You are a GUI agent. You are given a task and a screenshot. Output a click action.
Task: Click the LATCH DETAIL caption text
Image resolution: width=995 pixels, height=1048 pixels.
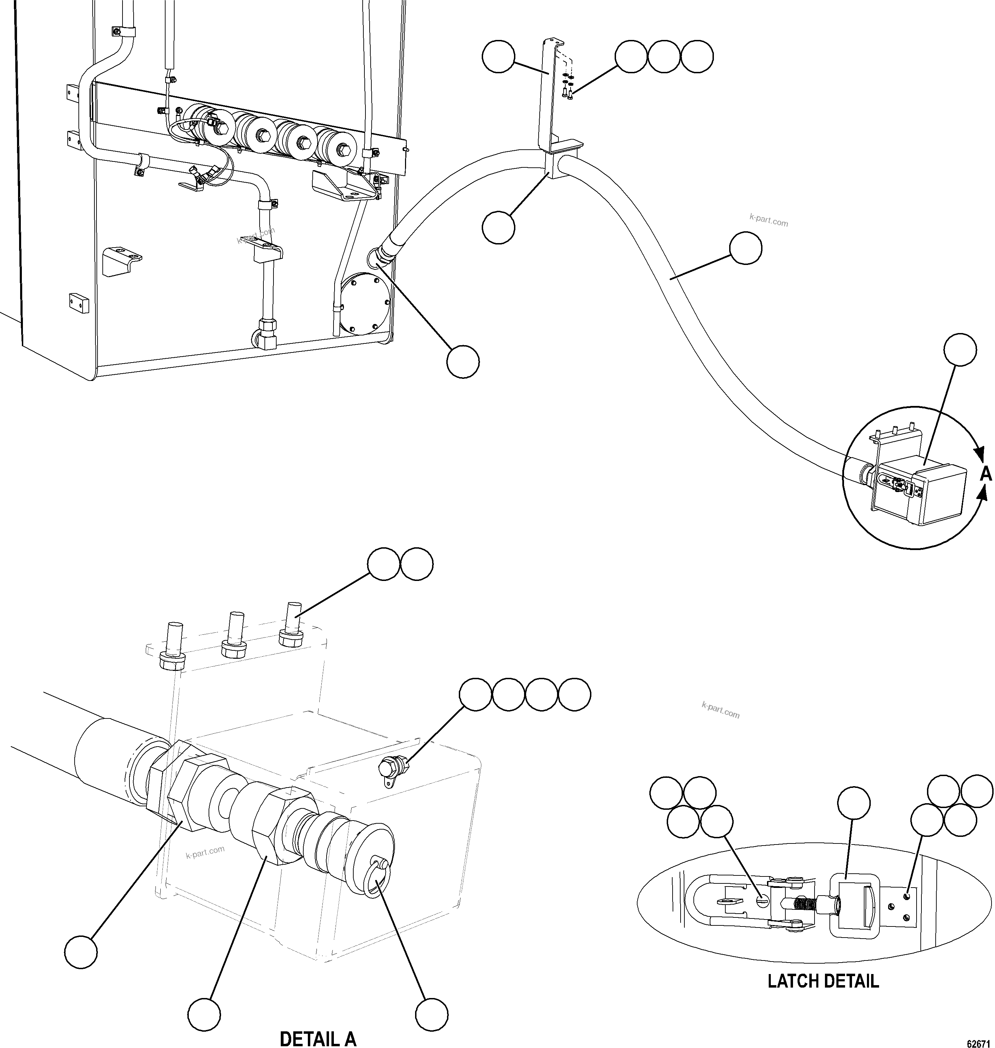click(x=823, y=981)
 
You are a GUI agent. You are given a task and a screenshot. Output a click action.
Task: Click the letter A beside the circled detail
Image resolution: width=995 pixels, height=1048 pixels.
click(x=985, y=473)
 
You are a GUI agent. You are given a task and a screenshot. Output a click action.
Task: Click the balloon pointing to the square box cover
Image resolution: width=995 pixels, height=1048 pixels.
click(x=961, y=350)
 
